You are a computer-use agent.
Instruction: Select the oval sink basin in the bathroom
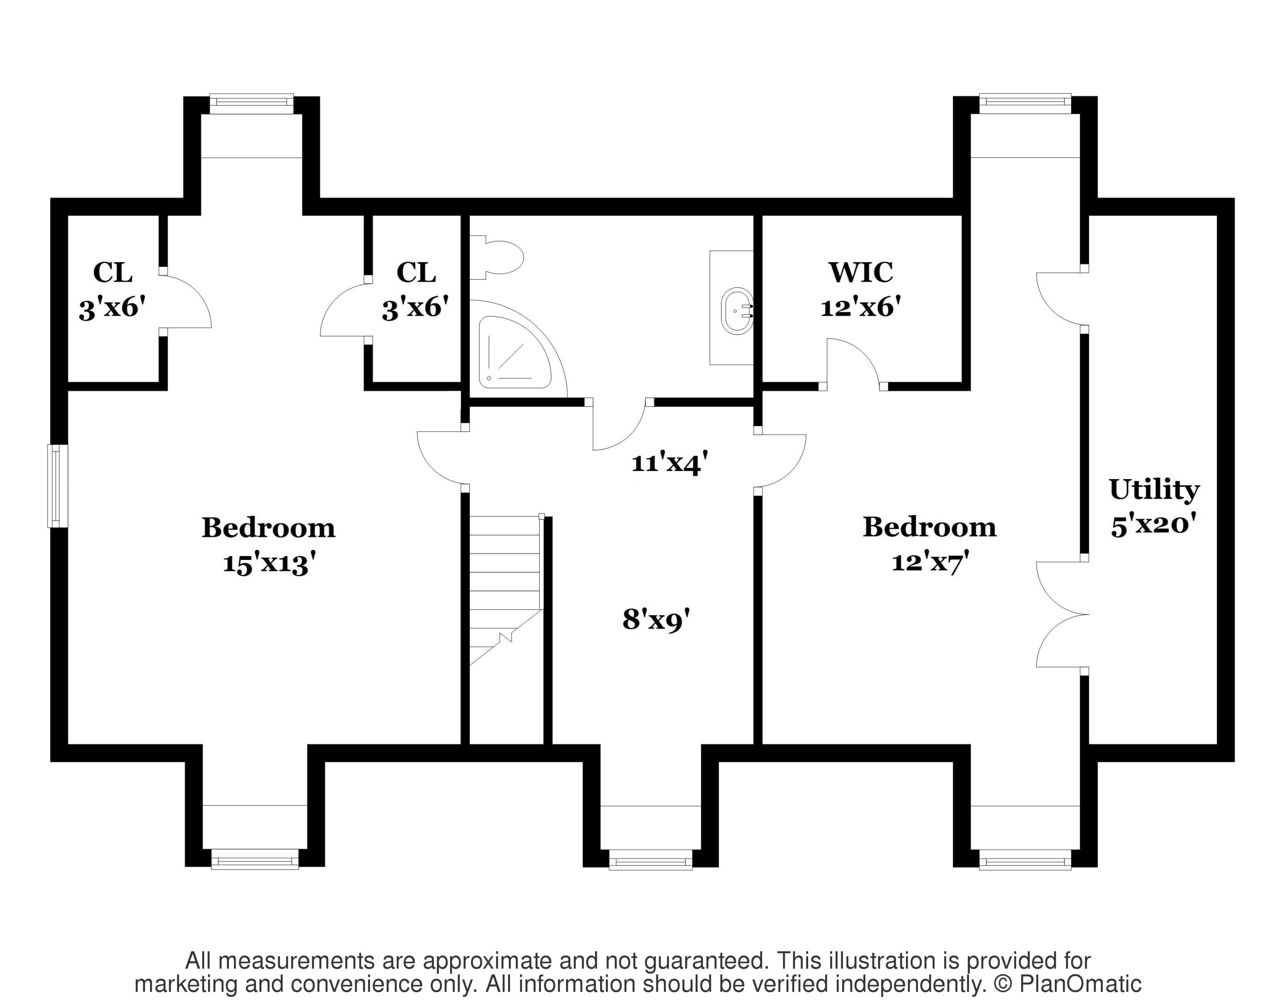pyautogui.click(x=737, y=311)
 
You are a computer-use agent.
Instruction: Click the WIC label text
pyautogui.click(x=861, y=272)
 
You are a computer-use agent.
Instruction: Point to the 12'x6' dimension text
pyautogui.click(x=861, y=307)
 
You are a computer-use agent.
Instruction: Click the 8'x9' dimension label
pyautogui.click(x=656, y=620)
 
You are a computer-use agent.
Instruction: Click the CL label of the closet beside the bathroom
pyautogui.click(x=416, y=272)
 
